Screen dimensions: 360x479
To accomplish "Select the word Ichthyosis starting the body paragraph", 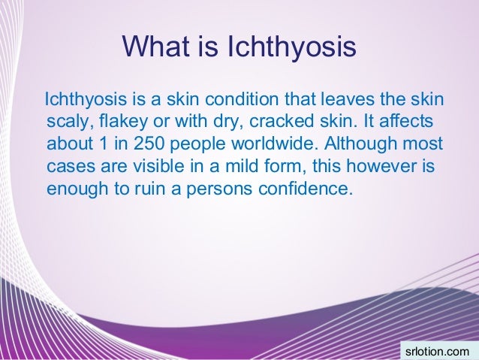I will coord(83,100).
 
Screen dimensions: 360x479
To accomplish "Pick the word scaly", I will coord(66,123).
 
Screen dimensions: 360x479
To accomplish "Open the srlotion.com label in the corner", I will coord(436,350).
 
